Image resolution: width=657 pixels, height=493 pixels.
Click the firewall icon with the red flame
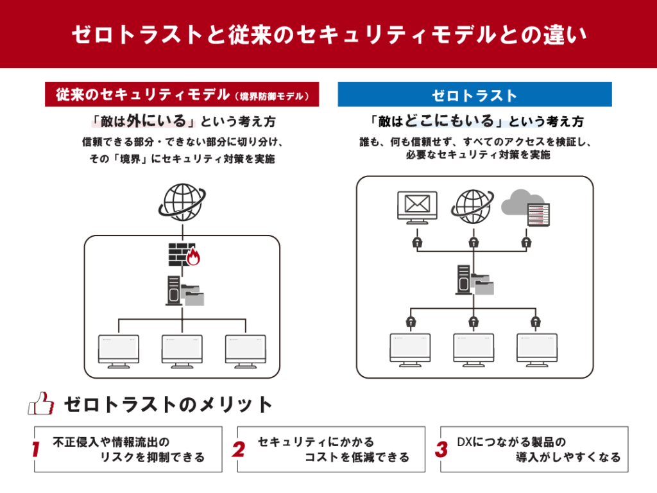pyautogui.click(x=184, y=254)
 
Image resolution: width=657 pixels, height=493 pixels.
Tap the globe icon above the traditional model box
pyautogui.click(x=182, y=202)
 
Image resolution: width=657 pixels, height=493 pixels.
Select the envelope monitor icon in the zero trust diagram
pyautogui.click(x=417, y=207)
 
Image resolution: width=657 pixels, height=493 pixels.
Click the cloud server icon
pyautogui.click(x=525, y=208)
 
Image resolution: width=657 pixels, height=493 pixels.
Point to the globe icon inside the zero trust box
pyautogui.click(x=472, y=207)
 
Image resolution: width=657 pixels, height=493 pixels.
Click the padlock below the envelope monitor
pyautogui.click(x=417, y=242)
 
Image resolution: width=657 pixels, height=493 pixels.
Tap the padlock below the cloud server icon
pyautogui.click(x=526, y=242)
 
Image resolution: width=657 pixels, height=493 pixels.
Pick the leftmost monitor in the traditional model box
pyautogui.click(x=119, y=351)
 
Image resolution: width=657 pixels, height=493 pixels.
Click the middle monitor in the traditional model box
pyautogui.click(x=182, y=351)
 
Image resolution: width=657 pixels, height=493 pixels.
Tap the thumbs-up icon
pyautogui.click(x=41, y=404)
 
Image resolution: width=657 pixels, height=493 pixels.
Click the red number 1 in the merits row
pyautogui.click(x=36, y=449)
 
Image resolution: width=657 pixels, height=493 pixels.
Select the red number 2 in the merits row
pyautogui.click(x=239, y=449)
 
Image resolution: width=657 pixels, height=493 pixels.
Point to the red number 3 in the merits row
pyautogui.click(x=441, y=449)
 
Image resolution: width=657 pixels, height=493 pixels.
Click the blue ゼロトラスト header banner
pyautogui.click(x=475, y=94)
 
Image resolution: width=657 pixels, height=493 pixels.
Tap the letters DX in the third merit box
pyautogui.click(x=465, y=442)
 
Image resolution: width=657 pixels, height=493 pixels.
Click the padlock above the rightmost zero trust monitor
pyautogui.click(x=536, y=322)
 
